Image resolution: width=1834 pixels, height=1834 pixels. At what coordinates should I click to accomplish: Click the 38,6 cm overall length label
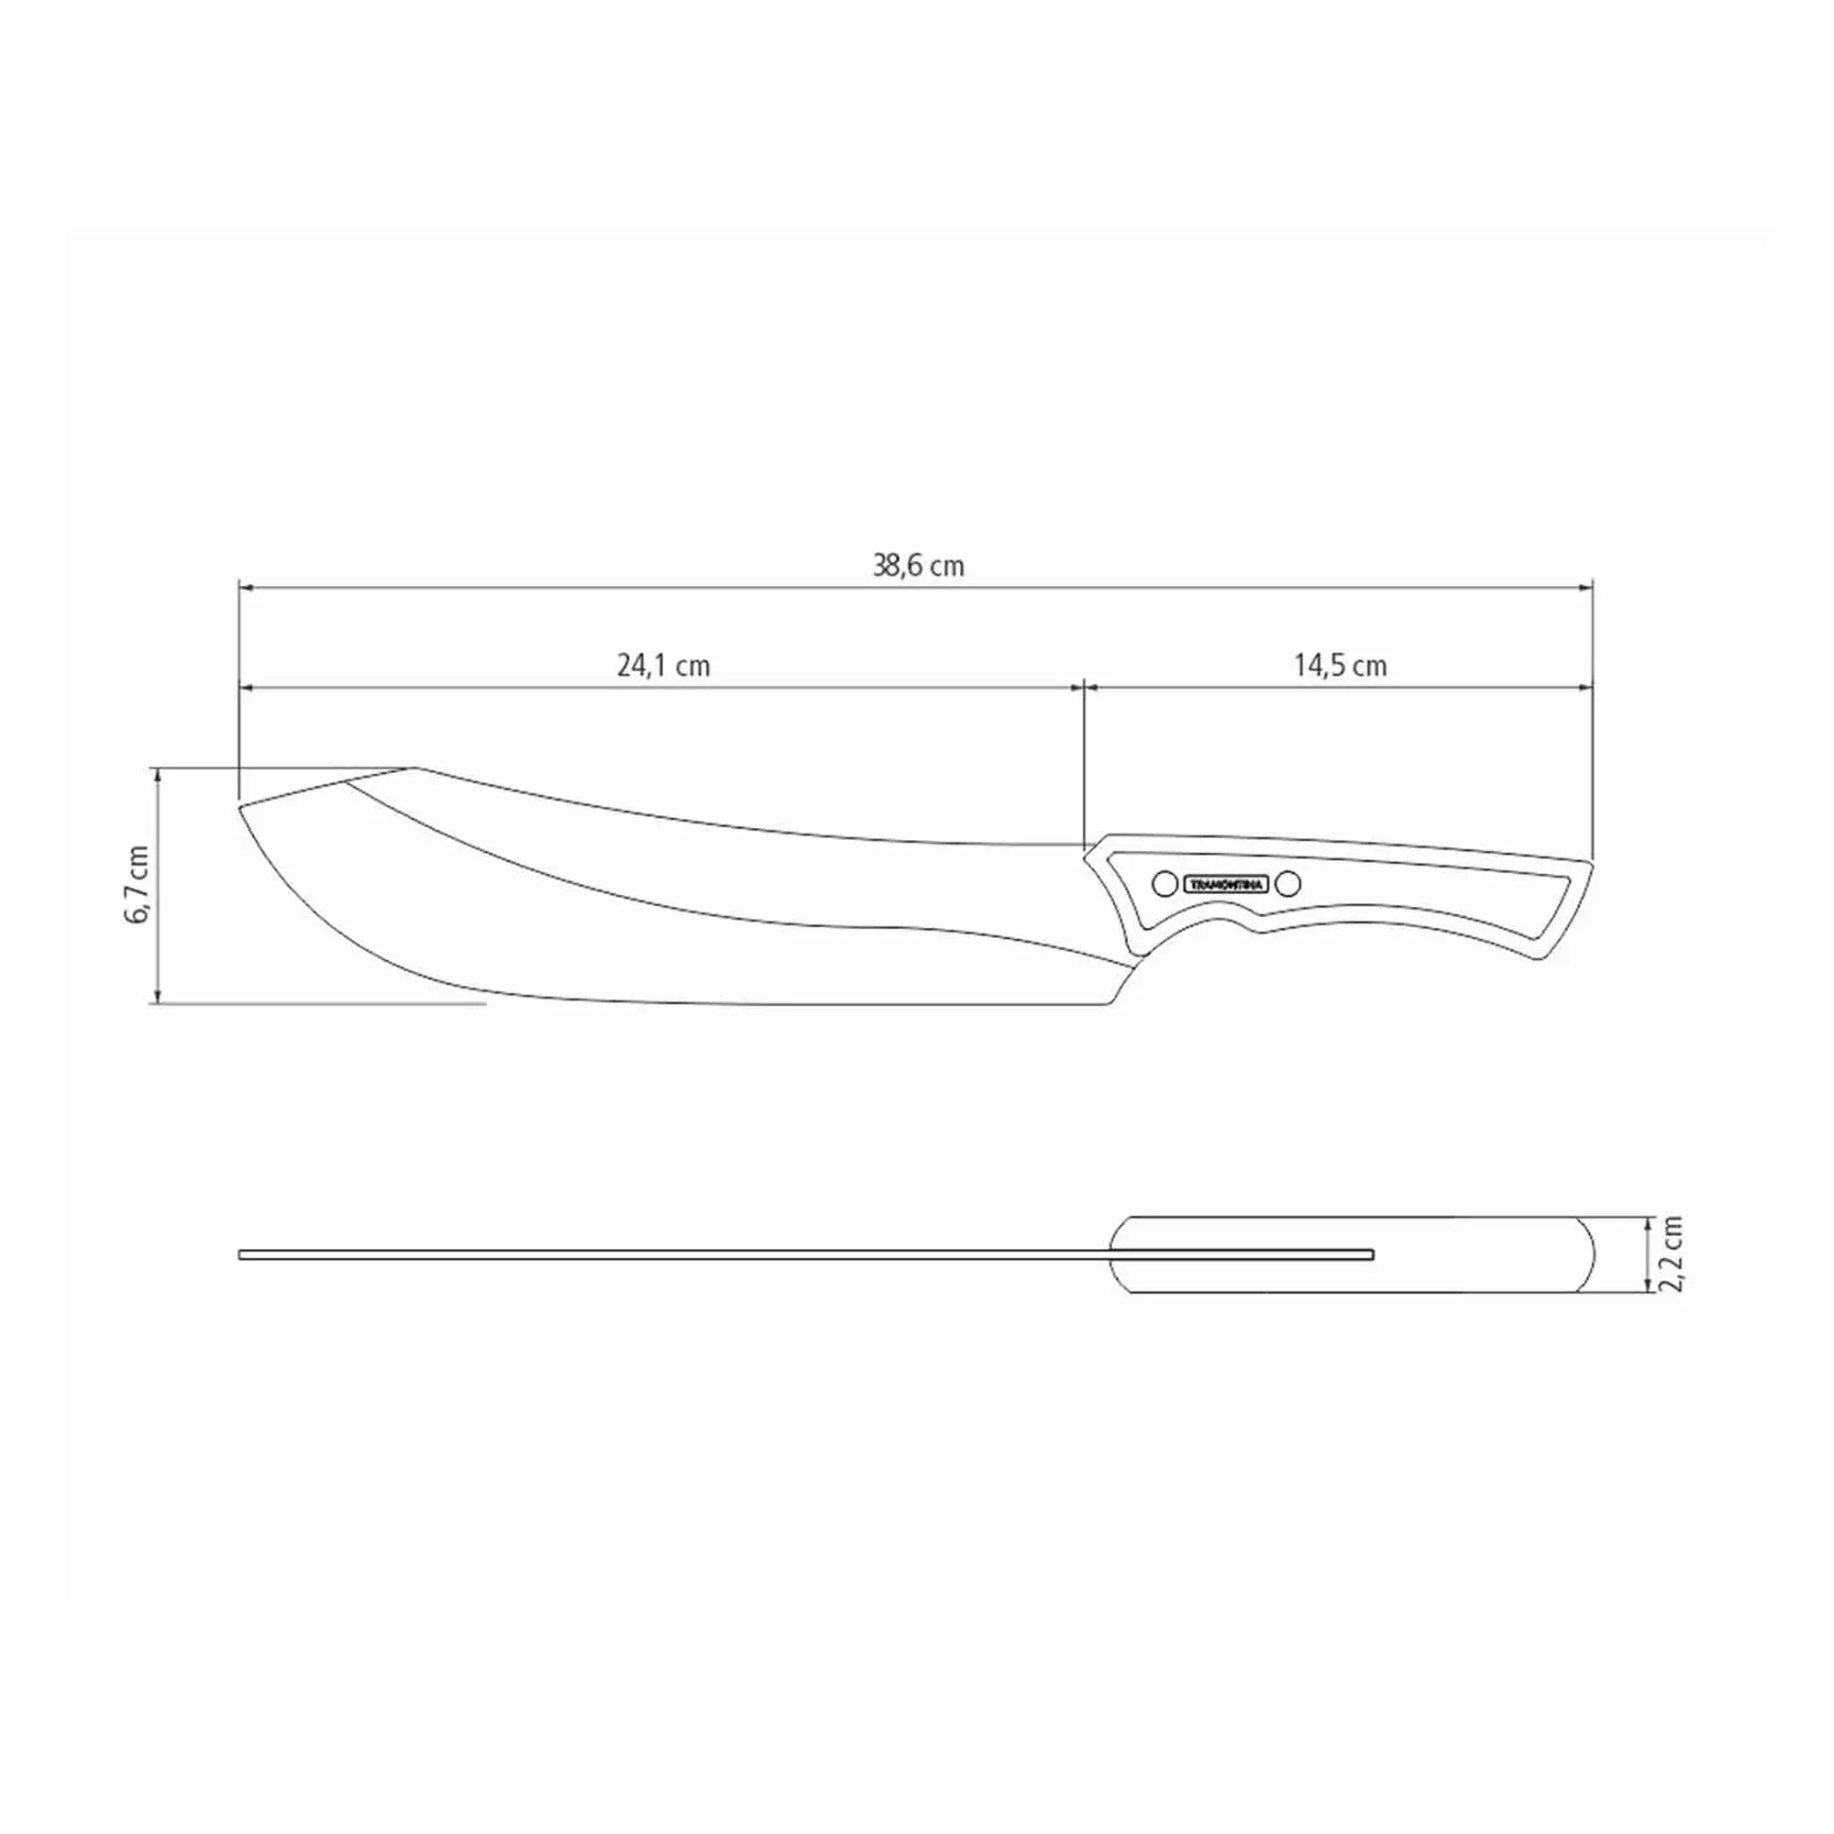pyautogui.click(x=918, y=567)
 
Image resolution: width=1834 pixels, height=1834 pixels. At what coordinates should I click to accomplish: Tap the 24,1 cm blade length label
pyautogui.click(x=664, y=667)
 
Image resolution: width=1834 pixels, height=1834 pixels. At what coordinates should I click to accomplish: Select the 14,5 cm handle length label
pyautogui.click(x=1340, y=667)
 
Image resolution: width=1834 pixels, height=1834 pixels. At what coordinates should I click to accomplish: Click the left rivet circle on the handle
pyautogui.click(x=1165, y=884)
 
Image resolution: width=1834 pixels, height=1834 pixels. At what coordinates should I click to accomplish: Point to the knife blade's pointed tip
pyautogui.click(x=240, y=807)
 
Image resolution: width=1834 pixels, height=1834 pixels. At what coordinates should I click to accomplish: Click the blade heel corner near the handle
pyautogui.click(x=1108, y=1003)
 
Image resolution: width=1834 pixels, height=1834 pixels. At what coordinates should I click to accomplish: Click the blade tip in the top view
pyautogui.click(x=242, y=1255)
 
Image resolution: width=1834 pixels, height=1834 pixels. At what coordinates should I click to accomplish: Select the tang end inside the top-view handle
pyautogui.click(x=1371, y=1255)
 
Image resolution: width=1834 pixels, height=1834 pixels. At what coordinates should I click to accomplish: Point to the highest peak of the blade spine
pyautogui.click(x=414, y=767)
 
